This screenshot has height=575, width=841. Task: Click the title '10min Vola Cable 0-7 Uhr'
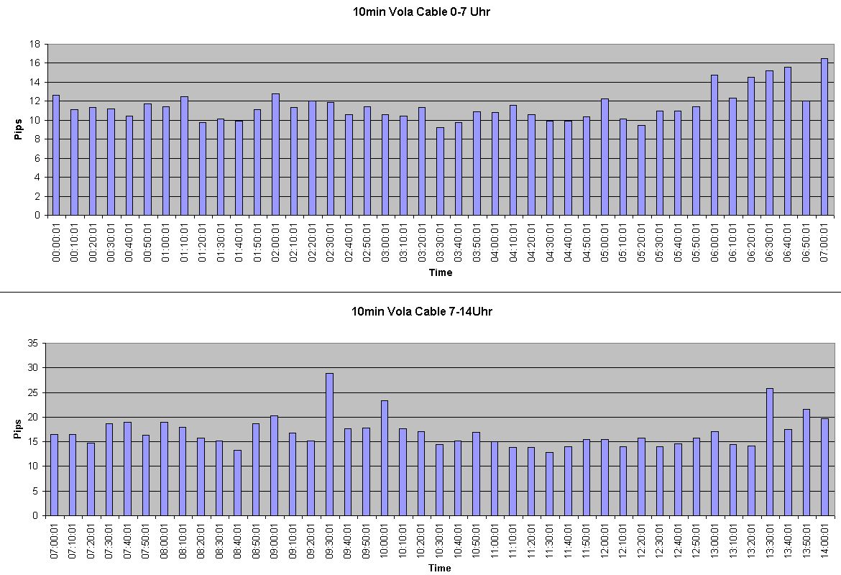pos(421,11)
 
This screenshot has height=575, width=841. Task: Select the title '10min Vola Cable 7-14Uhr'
pos(421,311)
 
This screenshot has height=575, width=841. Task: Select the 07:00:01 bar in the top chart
pos(824,137)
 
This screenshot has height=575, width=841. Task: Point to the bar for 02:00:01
pos(275,155)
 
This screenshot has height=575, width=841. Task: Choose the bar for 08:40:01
pos(237,482)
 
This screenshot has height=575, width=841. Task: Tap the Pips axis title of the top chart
pos(19,129)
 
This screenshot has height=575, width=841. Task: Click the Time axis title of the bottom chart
pos(440,568)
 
